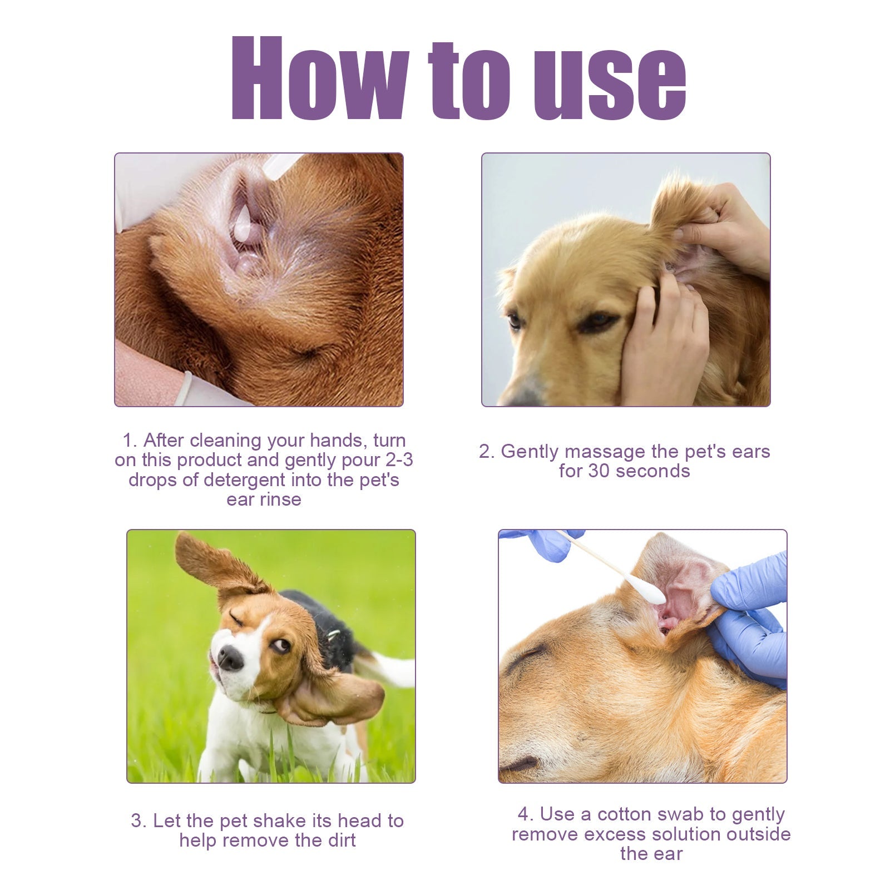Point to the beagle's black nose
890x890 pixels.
230,659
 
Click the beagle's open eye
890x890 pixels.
281,645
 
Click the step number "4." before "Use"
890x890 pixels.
526,814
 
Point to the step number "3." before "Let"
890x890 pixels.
139,821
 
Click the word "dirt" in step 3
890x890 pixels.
341,840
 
